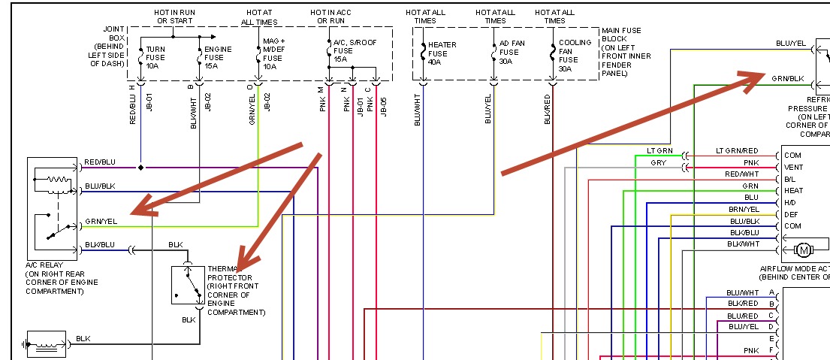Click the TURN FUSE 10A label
point(155,57)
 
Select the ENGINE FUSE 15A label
point(219,57)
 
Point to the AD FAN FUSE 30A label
point(512,53)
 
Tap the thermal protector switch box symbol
point(188,285)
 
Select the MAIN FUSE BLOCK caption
point(626,52)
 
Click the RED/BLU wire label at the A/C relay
point(100,162)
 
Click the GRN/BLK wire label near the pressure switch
point(787,79)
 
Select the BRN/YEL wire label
point(744,209)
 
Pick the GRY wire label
point(658,162)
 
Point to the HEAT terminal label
point(793,191)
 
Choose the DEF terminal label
point(790,214)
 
